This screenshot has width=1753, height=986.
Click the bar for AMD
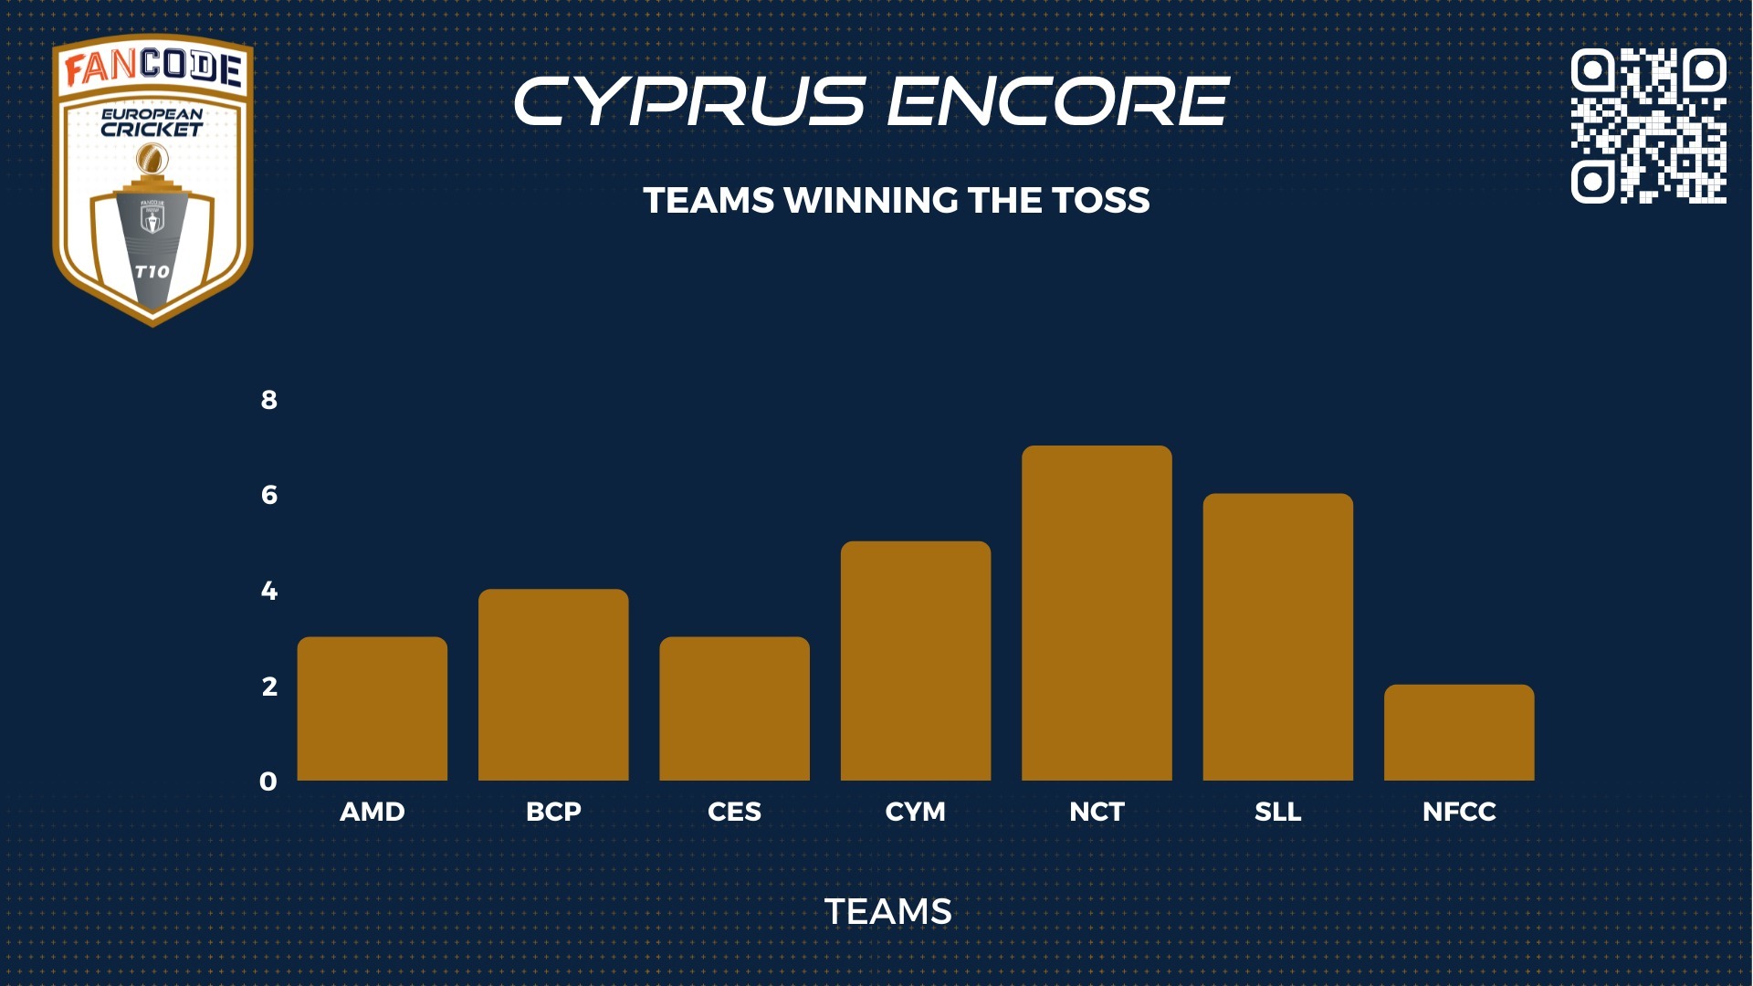pos(373,708)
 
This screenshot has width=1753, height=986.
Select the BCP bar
pos(553,685)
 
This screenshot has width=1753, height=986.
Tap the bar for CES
pos(734,708)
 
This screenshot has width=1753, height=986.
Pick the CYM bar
pos(916,661)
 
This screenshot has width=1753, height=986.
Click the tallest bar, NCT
pos(1097,614)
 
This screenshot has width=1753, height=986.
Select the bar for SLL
pos(1278,637)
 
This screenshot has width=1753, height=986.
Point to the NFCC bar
pos(1459,732)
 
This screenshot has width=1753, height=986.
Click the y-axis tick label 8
pos(268,400)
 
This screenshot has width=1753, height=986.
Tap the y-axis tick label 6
pos(268,495)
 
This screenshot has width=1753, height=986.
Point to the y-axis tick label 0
pos(268,781)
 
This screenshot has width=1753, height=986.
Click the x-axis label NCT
pos(1097,812)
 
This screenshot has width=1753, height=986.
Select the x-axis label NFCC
pos(1459,812)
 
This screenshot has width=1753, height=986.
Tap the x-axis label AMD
pos(373,812)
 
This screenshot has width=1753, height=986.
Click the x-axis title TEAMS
pos(888,911)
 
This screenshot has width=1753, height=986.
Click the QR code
pos(1648,126)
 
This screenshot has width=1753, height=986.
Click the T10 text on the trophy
pos(152,271)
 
